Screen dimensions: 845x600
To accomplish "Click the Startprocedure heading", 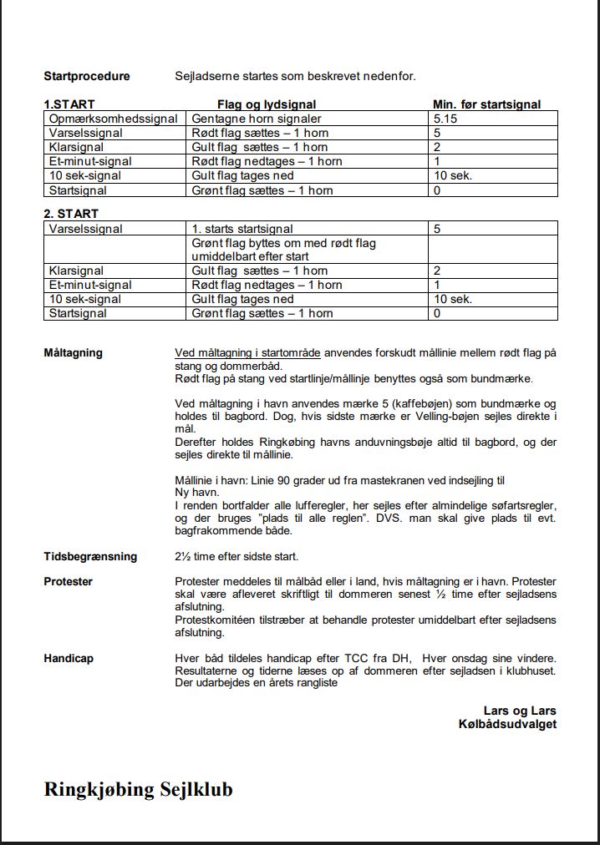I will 87,76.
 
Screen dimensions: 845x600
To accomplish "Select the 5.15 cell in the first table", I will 445,119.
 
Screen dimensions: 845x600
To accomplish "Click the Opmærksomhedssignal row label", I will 113,119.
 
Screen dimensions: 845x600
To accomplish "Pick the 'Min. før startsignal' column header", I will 486,105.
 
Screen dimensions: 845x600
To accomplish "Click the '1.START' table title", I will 69,105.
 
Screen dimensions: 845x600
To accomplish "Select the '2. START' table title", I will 71,214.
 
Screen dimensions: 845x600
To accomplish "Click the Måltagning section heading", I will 73,352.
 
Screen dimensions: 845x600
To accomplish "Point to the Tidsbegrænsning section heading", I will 90,556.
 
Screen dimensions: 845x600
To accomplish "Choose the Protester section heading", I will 68,581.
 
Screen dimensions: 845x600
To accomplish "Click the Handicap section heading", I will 69,658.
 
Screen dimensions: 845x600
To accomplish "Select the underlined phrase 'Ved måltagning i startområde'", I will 248,352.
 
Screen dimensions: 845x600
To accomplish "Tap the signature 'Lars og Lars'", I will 520,711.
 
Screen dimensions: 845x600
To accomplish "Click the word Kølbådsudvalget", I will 507,724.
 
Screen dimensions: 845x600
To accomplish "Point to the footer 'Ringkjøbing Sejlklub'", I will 138,789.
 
